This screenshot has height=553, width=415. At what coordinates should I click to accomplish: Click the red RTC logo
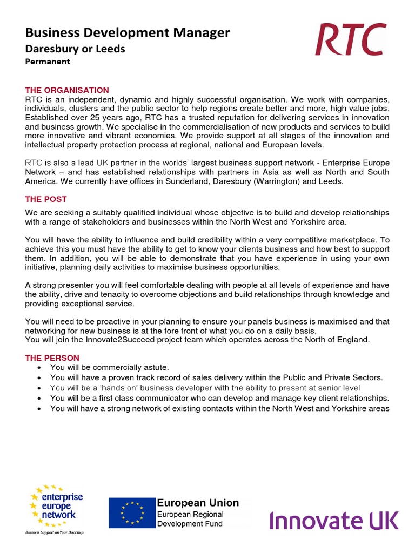point(351,39)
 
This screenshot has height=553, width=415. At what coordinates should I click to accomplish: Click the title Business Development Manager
point(128,33)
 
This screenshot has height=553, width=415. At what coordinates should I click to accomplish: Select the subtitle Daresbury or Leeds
point(75,49)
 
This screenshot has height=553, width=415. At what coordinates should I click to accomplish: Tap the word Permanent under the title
point(48,62)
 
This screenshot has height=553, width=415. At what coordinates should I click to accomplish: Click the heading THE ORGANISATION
point(67,90)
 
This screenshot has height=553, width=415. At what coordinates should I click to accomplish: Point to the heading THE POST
point(46,199)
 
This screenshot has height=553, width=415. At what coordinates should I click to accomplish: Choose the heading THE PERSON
point(52,358)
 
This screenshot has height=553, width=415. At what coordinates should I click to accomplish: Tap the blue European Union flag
point(132,513)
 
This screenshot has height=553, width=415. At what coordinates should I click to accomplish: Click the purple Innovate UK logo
point(334,521)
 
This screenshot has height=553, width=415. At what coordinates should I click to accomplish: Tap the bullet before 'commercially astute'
point(40,368)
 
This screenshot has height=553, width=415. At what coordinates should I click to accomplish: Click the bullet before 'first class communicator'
point(40,399)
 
